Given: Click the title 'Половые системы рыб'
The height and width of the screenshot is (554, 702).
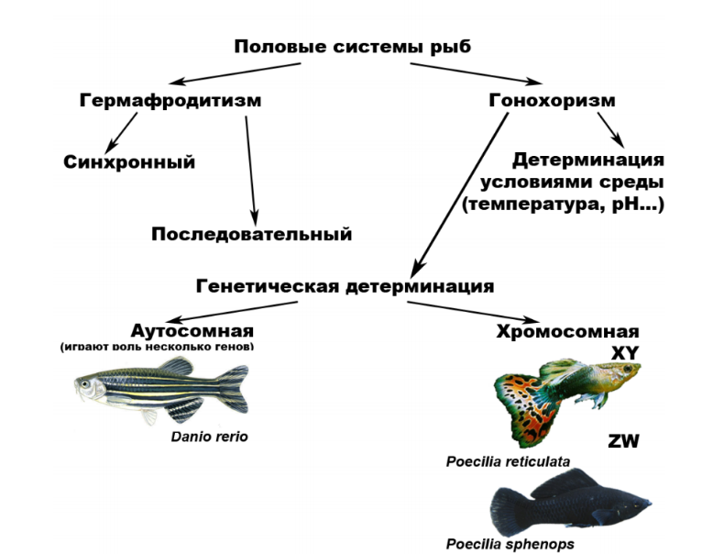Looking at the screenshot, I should pos(352,47).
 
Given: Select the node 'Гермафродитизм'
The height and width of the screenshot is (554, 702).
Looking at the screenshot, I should pos(170,101).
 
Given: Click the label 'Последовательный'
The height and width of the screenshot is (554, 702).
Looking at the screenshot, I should pos(251,234).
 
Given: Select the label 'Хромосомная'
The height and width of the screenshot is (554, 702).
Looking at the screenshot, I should pos(567,332).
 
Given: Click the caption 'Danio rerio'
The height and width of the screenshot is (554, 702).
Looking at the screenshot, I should pos(209,437).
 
